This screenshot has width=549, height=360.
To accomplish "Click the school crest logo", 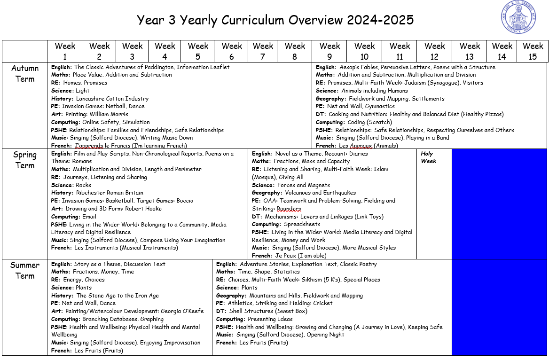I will (x=518, y=18).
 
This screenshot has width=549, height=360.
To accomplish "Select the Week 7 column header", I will (x=263, y=51).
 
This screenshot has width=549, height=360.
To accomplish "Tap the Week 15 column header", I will (x=533, y=51).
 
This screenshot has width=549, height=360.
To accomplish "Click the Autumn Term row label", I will (x=25, y=73).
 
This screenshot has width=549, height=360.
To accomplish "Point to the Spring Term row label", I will (x=25, y=160).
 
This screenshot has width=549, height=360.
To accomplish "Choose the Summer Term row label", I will (x=25, y=270).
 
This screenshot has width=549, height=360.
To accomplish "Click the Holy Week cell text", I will (x=428, y=157).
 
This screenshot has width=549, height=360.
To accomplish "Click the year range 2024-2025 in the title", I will (x=380, y=20).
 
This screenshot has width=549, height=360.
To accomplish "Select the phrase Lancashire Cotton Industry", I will (x=112, y=99).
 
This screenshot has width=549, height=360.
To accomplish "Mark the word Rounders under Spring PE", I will (x=289, y=209).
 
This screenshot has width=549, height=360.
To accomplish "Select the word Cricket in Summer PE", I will (x=322, y=303).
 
